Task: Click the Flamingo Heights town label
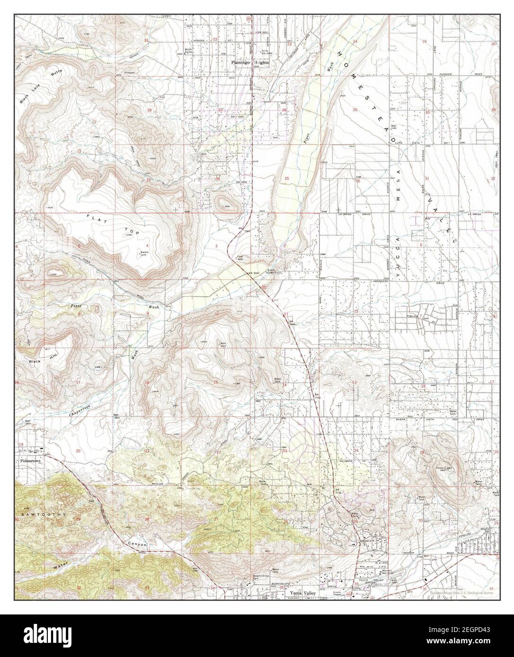tap(250, 62)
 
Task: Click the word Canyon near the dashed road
tap(137, 544)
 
